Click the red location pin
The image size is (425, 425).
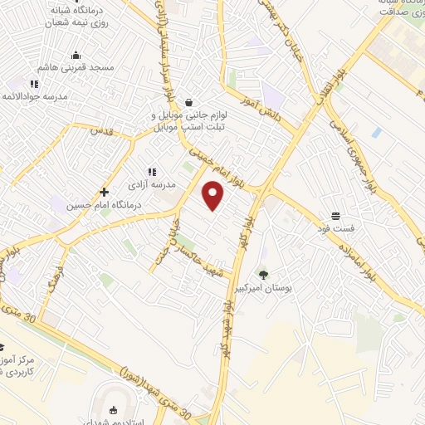click(x=213, y=194)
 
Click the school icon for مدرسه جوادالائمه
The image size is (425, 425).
click(x=34, y=84)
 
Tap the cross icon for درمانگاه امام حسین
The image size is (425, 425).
click(x=104, y=192)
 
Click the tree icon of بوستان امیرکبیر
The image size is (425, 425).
click(x=264, y=274)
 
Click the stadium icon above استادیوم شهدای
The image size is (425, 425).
click(x=113, y=410)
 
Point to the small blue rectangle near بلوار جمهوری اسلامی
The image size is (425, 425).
click(x=377, y=132)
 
